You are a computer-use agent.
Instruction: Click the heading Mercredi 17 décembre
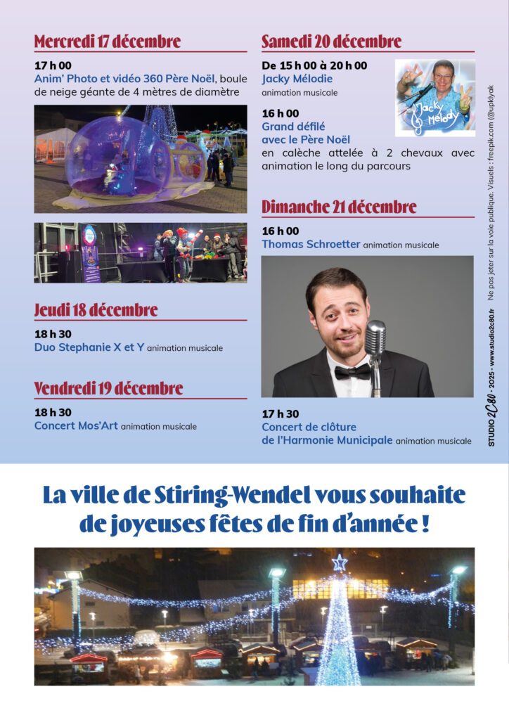[108, 41]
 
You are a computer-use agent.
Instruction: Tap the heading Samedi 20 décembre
[331, 41]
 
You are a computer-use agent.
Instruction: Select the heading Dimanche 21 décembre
[339, 207]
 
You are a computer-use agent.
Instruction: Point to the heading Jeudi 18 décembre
[96, 310]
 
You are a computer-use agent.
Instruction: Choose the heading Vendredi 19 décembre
[108, 388]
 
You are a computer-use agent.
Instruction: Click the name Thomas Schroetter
[310, 244]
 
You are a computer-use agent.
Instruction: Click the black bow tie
[352, 372]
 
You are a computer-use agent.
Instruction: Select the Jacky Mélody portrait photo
[434, 98]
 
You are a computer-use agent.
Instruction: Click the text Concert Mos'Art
[76, 425]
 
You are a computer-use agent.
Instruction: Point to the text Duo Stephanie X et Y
[89, 347]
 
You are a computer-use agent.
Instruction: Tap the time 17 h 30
[280, 414]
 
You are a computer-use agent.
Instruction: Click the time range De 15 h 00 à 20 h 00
[314, 65]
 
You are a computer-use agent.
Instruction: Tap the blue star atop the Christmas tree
[340, 562]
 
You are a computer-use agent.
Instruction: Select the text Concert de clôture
[309, 427]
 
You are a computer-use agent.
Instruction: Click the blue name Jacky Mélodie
[297, 79]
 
